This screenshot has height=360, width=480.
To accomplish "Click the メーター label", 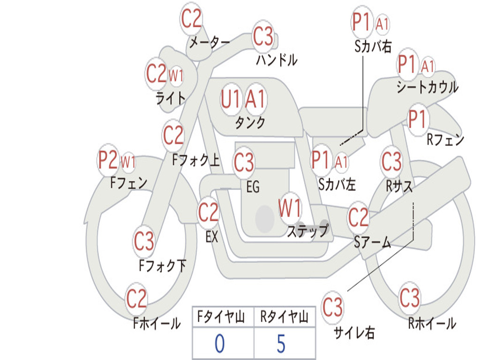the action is [x=210, y=43].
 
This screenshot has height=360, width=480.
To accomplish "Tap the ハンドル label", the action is [x=277, y=60].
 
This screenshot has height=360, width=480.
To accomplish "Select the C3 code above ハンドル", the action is [x=263, y=36].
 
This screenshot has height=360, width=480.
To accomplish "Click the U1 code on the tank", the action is [x=231, y=99].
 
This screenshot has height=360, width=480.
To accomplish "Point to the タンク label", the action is [x=250, y=122].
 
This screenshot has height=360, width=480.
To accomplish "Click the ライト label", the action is [x=171, y=98].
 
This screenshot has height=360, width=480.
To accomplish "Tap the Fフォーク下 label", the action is [x=163, y=266].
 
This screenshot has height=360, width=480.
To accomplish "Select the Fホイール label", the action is [x=157, y=323].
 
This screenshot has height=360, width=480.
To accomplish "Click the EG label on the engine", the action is [x=253, y=187].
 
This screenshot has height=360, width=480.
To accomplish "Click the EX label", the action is [x=212, y=237].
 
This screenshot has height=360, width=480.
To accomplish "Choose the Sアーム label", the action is [x=373, y=242].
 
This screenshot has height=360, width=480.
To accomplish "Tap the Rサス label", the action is [x=399, y=186].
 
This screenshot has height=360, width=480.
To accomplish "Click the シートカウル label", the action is [x=427, y=87].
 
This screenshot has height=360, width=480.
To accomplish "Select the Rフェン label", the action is [x=445, y=140].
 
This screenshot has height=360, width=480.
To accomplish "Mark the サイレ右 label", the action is [x=354, y=333].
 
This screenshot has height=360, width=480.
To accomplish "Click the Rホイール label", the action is [x=432, y=323].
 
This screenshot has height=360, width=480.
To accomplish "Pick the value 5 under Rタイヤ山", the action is [x=281, y=344].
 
